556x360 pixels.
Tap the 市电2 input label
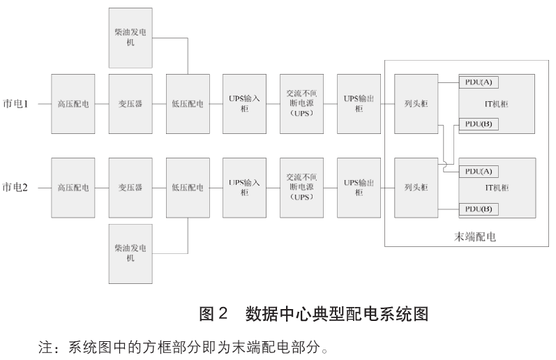point(17,188)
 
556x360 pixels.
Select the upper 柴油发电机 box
point(130,38)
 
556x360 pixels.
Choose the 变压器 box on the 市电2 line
point(130,188)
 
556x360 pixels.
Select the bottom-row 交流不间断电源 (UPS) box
point(301,188)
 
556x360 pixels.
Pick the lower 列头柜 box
point(415,188)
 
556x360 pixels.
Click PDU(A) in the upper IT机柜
point(479,82)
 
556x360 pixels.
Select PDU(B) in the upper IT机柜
point(479,124)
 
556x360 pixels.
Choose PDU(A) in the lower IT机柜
point(479,170)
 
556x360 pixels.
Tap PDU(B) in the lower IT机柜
point(479,209)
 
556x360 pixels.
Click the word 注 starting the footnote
point(42,346)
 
